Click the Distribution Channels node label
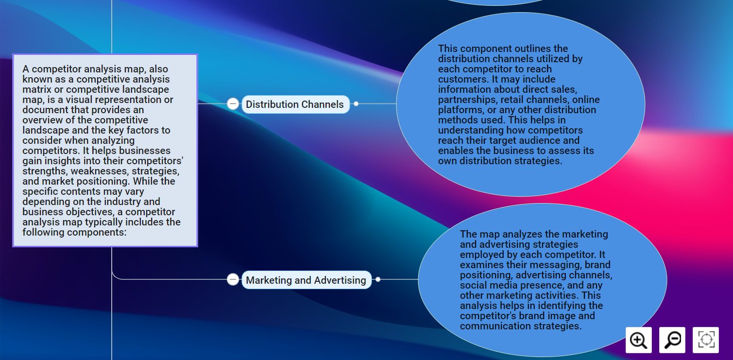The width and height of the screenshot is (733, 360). coord(295,104)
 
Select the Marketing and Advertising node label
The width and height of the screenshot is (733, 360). coord(306,280)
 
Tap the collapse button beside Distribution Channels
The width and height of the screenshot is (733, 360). coord(233,103)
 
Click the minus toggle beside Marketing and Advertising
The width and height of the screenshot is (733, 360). coord(233,279)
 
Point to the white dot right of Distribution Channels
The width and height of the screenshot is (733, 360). coord(356,103)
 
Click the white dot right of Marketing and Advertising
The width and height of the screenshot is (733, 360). coord(378,279)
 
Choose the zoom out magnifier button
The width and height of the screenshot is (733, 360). coord(672,340)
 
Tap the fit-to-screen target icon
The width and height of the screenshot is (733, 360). coord(706,340)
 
